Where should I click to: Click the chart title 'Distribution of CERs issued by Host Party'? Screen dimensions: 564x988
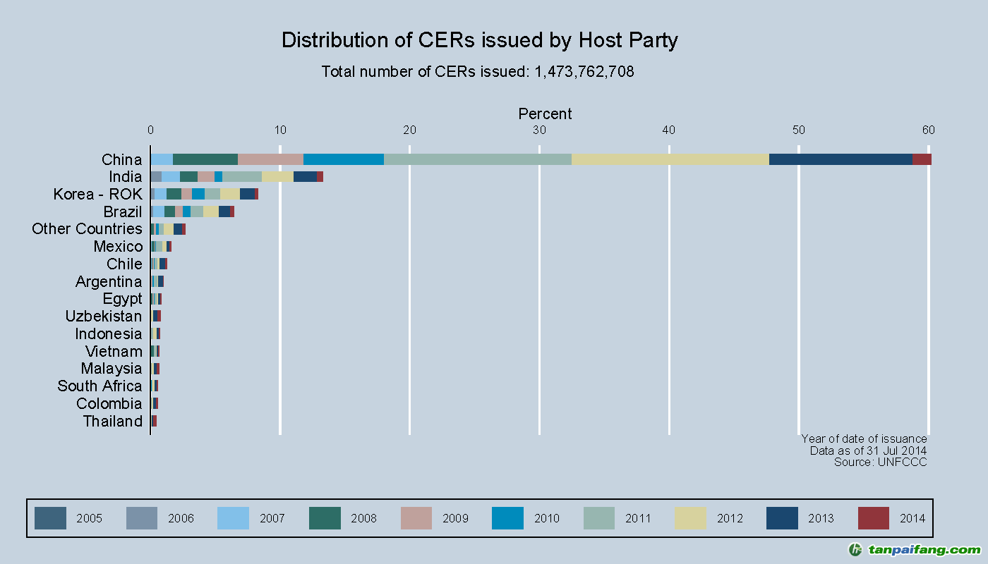(x=479, y=40)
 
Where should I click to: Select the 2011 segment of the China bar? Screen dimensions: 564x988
(x=477, y=159)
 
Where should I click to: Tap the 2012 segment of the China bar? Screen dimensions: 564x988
(x=670, y=159)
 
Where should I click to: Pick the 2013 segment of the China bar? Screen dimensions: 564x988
(x=841, y=159)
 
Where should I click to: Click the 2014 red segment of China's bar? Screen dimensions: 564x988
(x=922, y=159)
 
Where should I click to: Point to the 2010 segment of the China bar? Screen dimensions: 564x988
(x=343, y=159)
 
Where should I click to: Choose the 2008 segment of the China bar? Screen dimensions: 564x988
(x=205, y=159)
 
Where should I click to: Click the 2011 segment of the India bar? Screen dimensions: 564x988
(x=242, y=176)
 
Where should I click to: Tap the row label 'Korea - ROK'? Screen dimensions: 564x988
(x=97, y=194)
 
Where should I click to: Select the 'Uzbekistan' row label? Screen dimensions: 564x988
(x=103, y=316)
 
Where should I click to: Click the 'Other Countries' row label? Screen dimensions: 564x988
(x=87, y=228)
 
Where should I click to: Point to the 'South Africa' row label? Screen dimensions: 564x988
(x=100, y=386)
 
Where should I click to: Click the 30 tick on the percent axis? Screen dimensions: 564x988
(x=539, y=130)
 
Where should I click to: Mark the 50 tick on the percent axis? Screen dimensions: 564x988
(x=798, y=130)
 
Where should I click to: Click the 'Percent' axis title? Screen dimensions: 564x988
(x=545, y=114)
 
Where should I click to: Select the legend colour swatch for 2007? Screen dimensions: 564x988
(x=233, y=518)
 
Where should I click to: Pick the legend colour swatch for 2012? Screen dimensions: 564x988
(x=690, y=518)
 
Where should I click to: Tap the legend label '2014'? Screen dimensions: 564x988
(x=912, y=518)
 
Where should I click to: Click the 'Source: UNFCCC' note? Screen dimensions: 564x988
(x=880, y=462)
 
